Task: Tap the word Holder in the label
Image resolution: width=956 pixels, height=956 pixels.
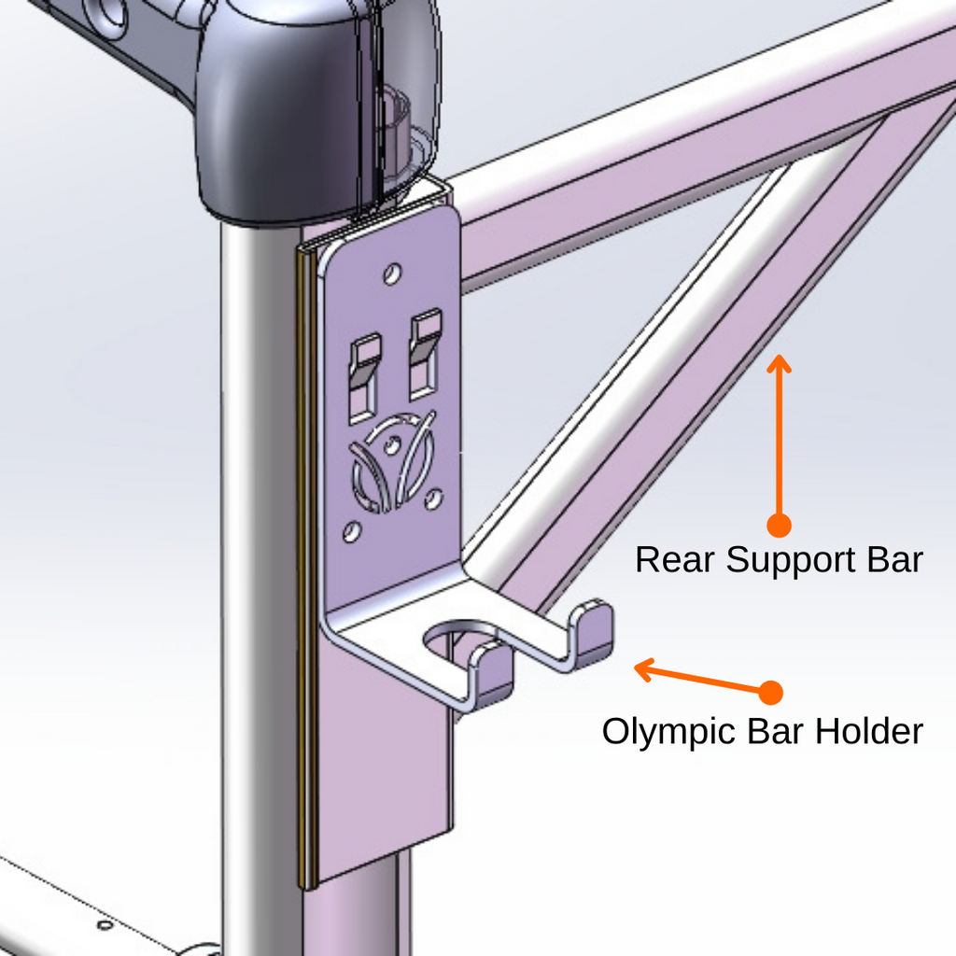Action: (869, 731)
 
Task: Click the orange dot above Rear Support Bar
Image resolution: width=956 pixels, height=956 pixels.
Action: (778, 525)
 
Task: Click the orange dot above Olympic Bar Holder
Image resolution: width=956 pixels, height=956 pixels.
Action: (770, 693)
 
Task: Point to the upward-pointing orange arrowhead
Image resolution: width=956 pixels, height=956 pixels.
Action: (779, 362)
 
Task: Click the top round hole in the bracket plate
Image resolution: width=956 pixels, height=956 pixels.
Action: (392, 274)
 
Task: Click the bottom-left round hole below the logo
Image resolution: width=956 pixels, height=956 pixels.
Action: (351, 532)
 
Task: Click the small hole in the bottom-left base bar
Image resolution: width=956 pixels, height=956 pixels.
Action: (105, 925)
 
